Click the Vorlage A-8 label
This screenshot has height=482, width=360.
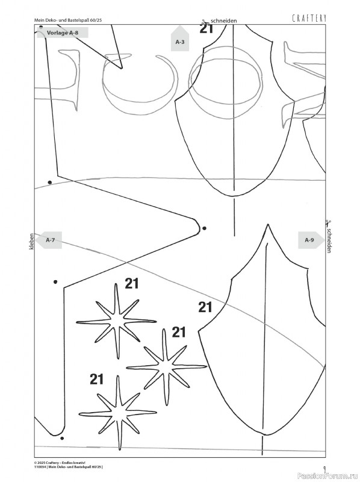pyautogui.click(x=63, y=33)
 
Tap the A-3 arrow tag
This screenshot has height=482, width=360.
pyautogui.click(x=179, y=39)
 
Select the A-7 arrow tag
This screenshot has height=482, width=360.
pyautogui.click(x=49, y=240)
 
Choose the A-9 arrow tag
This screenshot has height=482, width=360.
pyautogui.click(x=311, y=240)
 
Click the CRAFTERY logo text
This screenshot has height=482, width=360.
pyautogui.click(x=309, y=19)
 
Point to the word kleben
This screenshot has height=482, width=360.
pyautogui.click(x=31, y=242)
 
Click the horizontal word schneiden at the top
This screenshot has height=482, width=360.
pyautogui.click(x=223, y=21)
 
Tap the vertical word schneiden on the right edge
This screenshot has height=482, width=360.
pyautogui.click(x=329, y=240)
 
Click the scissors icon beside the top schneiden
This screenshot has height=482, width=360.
pyautogui.click(x=205, y=22)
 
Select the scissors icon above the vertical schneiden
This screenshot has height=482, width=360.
pyautogui.click(x=328, y=223)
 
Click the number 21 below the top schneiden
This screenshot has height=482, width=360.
pyautogui.click(x=206, y=29)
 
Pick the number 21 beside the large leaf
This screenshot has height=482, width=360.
pyautogui.click(x=205, y=307)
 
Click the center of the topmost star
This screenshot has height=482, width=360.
pyautogui.click(x=117, y=321)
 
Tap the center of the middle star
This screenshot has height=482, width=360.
pyautogui.click(x=166, y=367)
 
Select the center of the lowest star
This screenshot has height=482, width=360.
pyautogui.click(x=119, y=413)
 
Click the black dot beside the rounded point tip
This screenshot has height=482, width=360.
pyautogui.click(x=204, y=228)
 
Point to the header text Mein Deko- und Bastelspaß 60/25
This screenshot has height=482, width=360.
pyautogui.click(x=68, y=20)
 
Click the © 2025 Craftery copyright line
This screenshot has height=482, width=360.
pyautogui.click(x=58, y=462)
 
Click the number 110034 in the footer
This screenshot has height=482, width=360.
pyautogui.click(x=40, y=466)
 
